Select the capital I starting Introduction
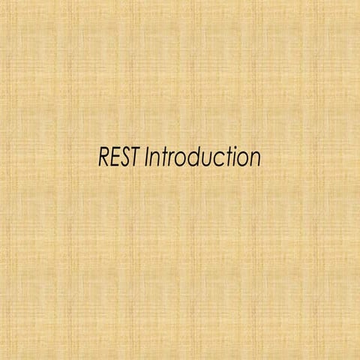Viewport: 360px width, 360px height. [x=147, y=158]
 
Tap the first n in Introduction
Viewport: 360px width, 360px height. [x=155, y=160]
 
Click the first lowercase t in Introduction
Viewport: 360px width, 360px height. [x=163, y=158]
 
